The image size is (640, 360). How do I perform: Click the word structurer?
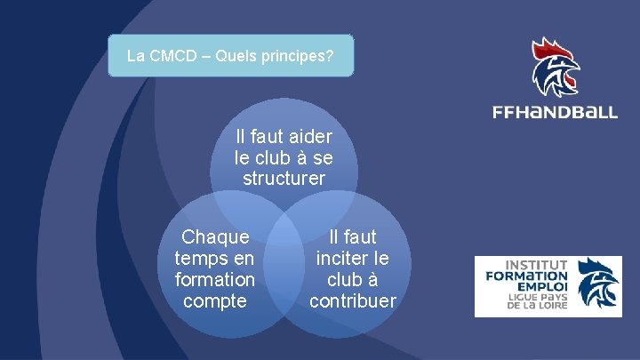coord(284,178)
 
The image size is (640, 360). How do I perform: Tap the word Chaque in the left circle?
coord(215,237)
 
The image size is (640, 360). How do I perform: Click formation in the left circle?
coord(215,279)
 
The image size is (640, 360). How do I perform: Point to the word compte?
coord(215,300)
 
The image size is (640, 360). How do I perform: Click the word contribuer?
coord(353,300)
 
